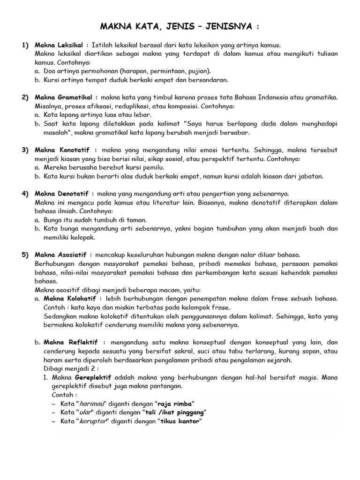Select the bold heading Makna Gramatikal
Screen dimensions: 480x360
point(63,97)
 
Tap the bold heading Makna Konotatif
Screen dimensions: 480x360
point(62,150)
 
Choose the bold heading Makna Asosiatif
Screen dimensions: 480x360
point(62,255)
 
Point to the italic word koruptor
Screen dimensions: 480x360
point(92,421)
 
